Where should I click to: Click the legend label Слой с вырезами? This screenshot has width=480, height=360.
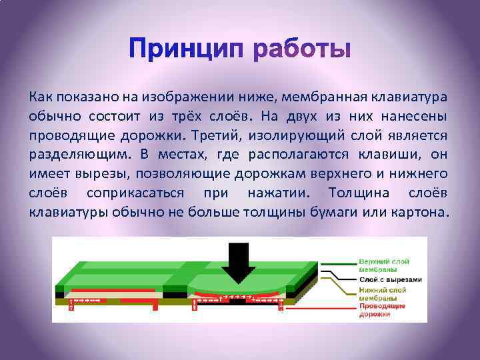[x=390, y=280]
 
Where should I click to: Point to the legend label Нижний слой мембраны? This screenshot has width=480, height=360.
[x=383, y=294]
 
